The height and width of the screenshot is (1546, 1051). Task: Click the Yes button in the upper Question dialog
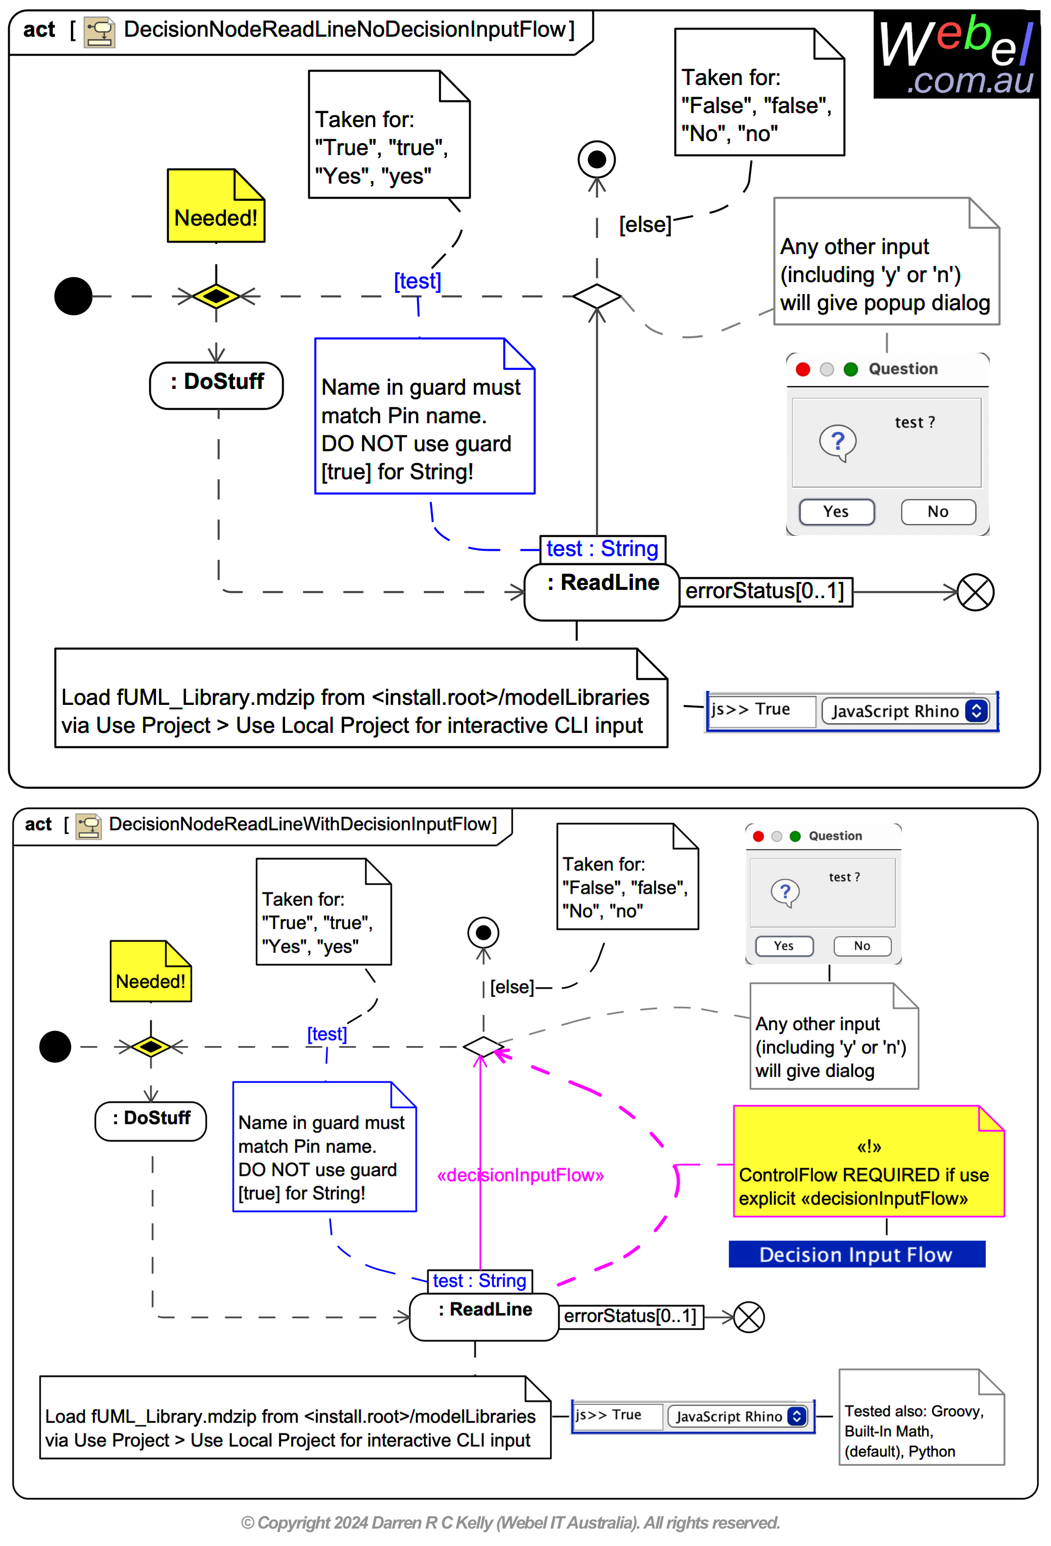[836, 512]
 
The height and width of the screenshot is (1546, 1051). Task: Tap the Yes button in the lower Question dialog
[784, 946]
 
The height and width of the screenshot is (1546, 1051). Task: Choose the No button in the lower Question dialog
[862, 946]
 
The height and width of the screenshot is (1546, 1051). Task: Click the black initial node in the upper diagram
[73, 296]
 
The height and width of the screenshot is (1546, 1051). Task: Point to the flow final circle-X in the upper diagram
[975, 592]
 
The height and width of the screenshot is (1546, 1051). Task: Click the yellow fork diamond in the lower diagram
[151, 1046]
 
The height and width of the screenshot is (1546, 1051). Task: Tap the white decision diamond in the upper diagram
[597, 296]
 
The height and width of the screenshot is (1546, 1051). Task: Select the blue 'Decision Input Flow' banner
[856, 1255]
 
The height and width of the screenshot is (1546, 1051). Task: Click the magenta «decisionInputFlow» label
[520, 1175]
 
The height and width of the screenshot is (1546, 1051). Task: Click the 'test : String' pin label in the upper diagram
[602, 549]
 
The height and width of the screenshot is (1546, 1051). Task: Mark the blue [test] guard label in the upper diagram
[418, 281]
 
